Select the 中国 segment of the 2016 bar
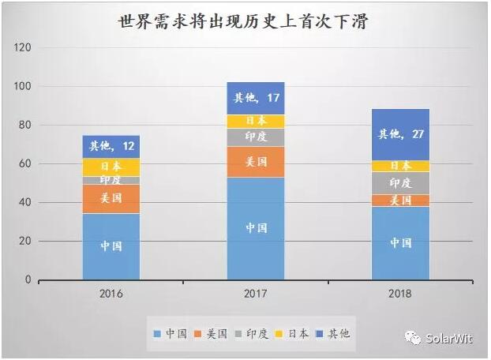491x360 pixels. [x=111, y=246]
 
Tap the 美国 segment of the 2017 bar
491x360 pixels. [x=256, y=162]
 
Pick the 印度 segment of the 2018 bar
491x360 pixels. [x=401, y=182]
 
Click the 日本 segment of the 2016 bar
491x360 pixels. [x=111, y=167]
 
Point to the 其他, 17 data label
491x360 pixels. [x=256, y=99]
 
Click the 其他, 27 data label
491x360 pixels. [x=401, y=134]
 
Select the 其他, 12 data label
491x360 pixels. [x=111, y=146]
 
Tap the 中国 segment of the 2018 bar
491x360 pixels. [x=401, y=242]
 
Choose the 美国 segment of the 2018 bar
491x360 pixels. [x=401, y=201]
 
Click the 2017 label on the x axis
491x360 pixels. [x=256, y=294]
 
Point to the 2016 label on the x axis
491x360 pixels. [x=111, y=294]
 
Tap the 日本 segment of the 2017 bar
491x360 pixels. [x=256, y=121]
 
